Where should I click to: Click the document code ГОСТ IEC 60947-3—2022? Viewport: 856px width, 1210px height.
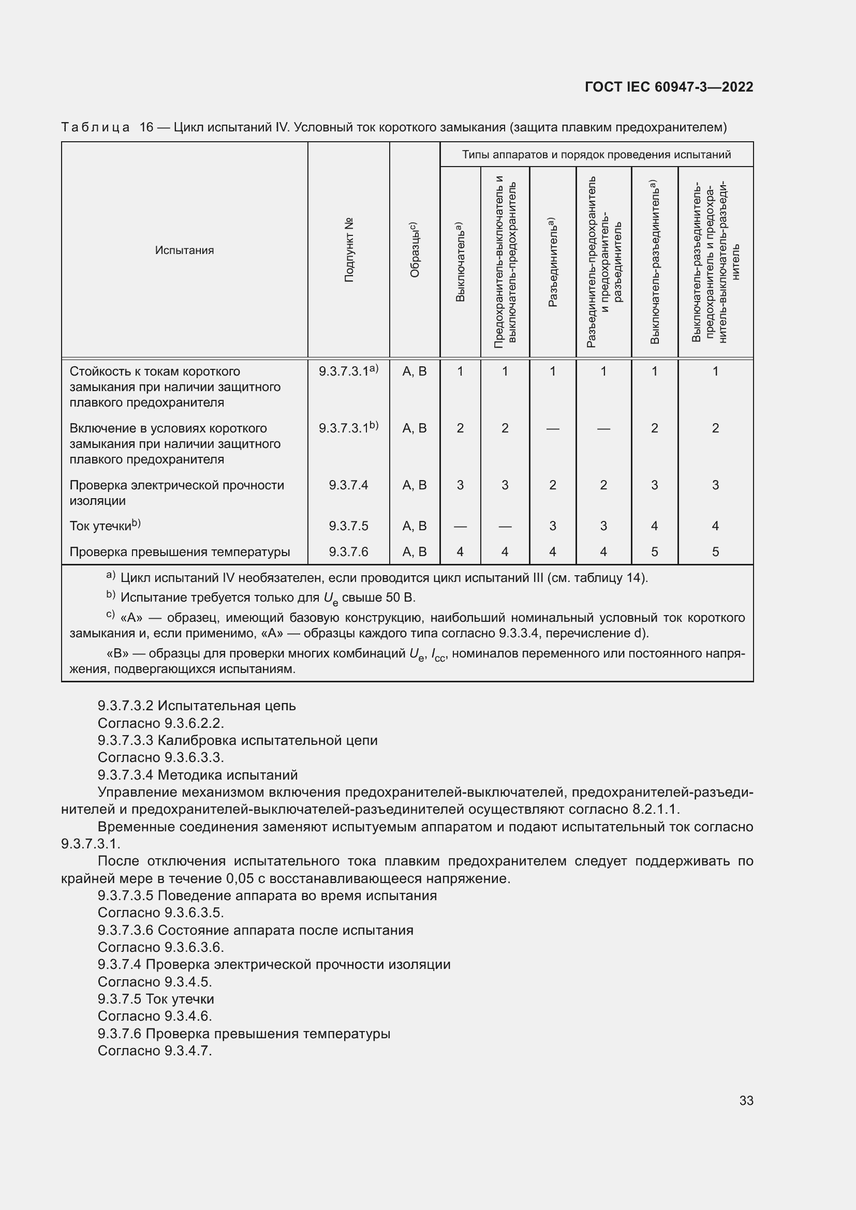[x=668, y=87]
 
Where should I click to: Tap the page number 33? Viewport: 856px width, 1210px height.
[x=746, y=1100]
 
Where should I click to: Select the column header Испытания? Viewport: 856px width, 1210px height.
[x=184, y=250]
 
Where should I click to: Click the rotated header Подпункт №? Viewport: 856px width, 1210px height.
[x=349, y=250]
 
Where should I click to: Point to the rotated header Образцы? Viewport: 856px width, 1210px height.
[x=415, y=250]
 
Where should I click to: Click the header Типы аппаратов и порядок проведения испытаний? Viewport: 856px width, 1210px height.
[x=596, y=154]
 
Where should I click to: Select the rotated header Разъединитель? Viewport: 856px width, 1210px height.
[x=552, y=262]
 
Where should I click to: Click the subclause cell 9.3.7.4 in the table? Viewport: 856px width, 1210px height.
[x=348, y=485]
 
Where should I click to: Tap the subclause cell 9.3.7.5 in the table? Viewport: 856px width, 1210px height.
[x=348, y=526]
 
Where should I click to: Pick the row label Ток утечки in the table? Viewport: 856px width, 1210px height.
[x=105, y=526]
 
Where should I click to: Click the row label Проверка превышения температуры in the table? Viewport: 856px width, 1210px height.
[x=180, y=552]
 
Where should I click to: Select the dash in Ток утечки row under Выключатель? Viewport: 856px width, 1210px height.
[x=460, y=526]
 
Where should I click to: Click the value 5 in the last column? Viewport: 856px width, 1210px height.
[x=715, y=552]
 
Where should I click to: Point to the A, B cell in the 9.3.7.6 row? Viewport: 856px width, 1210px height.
[x=415, y=552]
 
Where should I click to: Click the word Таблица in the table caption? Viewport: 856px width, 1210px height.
[x=95, y=127]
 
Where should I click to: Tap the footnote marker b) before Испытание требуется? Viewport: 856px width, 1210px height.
[x=110, y=595]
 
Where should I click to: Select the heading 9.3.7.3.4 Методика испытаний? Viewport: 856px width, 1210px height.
[x=198, y=775]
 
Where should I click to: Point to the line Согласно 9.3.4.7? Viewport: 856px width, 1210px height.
[x=154, y=1051]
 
